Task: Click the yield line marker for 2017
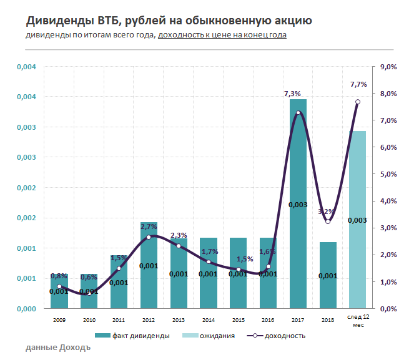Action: click(x=298, y=113)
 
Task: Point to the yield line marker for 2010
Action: click(x=89, y=293)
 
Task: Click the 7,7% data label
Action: click(x=358, y=84)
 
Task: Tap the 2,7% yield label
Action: click(x=149, y=226)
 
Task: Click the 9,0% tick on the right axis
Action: click(x=388, y=67)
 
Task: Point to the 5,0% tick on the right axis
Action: click(x=388, y=174)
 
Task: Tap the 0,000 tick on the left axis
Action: click(x=27, y=309)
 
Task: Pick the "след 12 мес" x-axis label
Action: click(x=358, y=321)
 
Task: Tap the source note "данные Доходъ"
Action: click(x=59, y=347)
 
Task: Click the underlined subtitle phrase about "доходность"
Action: click(x=222, y=35)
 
